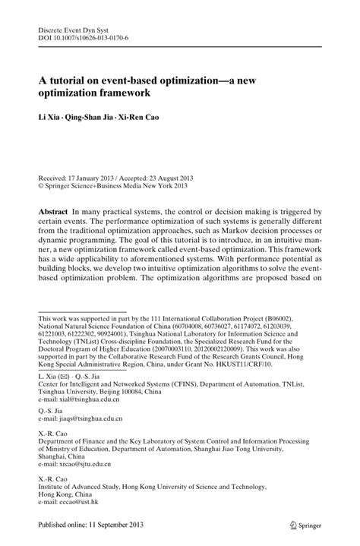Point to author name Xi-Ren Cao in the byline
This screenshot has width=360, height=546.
[x=159, y=119]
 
